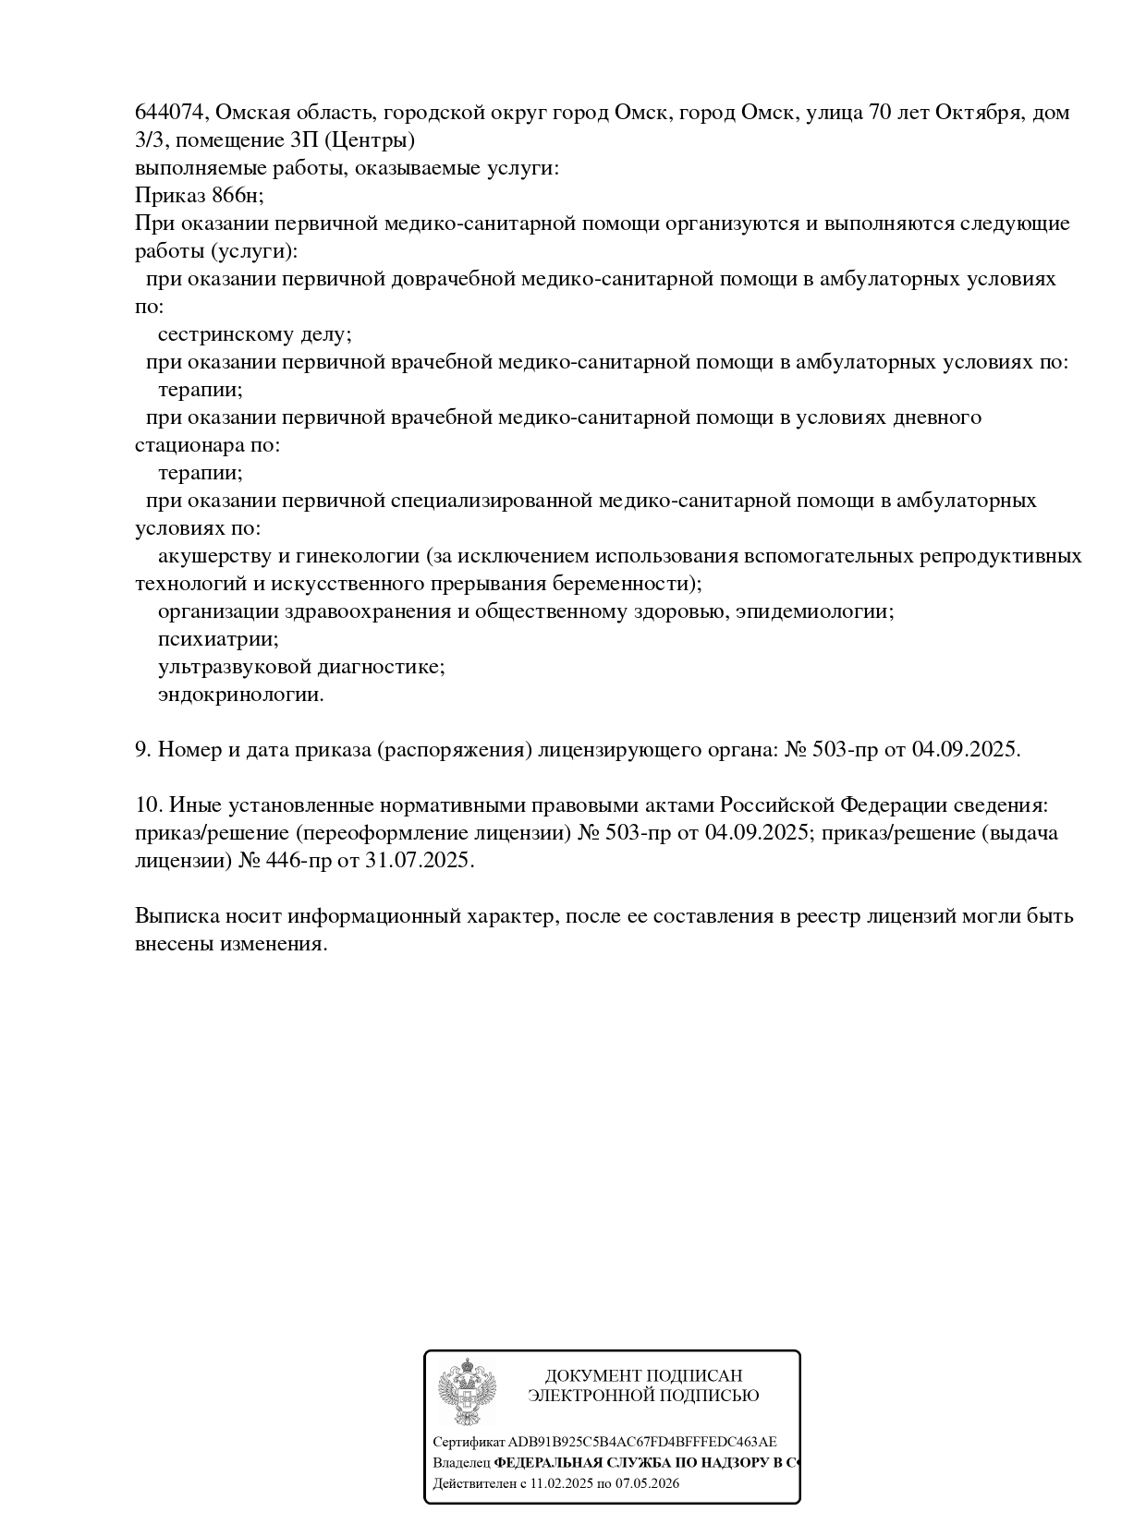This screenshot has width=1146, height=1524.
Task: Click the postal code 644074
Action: click(x=172, y=113)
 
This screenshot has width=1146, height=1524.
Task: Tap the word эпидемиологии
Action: click(x=814, y=611)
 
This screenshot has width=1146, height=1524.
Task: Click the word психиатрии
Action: click(x=217, y=639)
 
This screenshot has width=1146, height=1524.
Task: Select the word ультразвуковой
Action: click(x=235, y=667)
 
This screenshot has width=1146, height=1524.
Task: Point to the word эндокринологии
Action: click(x=240, y=695)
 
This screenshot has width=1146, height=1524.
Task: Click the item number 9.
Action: click(x=142, y=750)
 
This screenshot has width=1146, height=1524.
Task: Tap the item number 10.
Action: click(x=148, y=805)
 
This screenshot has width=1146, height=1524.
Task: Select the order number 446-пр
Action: click(x=290, y=861)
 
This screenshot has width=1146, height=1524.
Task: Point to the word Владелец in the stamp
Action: click(x=461, y=1463)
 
